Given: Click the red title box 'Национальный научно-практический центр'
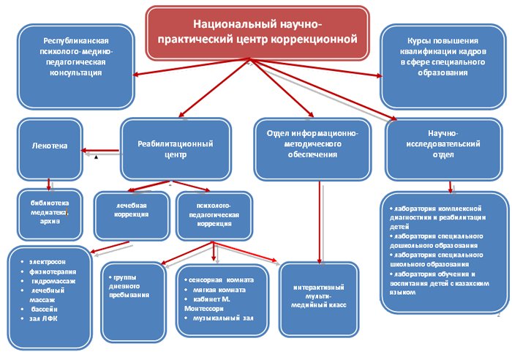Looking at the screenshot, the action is point(257,33).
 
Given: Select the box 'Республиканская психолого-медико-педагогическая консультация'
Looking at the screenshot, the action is point(76,67).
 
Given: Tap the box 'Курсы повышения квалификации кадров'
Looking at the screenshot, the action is point(443,67).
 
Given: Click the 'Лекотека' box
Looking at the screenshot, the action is point(50,149).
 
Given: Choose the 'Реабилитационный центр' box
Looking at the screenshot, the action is point(176,149).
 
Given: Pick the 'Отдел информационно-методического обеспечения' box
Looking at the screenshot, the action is point(312,149).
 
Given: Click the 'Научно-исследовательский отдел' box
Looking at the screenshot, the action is point(443,149).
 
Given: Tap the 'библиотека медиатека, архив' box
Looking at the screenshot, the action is point(50,214).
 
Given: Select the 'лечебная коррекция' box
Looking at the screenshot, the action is point(132,216).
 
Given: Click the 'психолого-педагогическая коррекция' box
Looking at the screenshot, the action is point(214,216).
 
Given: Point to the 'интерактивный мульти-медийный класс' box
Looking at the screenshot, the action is point(319,299).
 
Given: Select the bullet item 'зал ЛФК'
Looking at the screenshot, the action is point(39,318).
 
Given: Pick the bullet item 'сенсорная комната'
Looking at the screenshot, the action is point(219,280).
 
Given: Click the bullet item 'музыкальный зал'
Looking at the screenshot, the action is point(219,318).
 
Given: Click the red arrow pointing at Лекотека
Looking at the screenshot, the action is point(100,151).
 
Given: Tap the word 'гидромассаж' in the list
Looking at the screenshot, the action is point(53,281).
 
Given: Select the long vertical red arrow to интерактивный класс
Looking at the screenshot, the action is point(320,222).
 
